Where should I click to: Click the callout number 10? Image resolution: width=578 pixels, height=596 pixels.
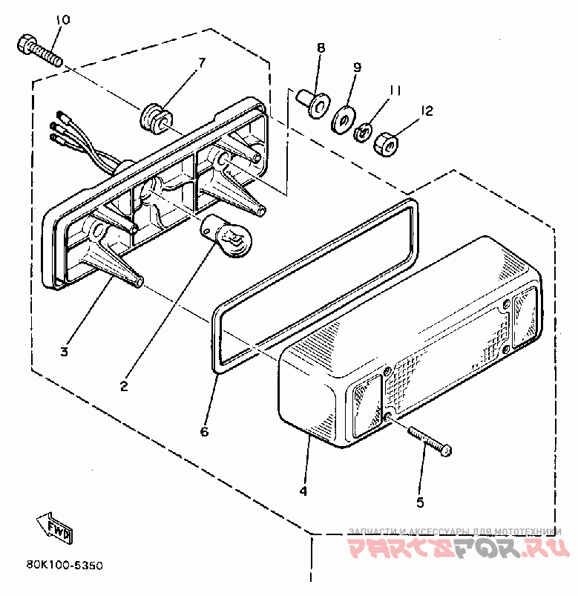[62, 20]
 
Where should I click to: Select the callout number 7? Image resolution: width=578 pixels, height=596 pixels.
[201, 62]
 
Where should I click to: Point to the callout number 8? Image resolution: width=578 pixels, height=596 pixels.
[321, 48]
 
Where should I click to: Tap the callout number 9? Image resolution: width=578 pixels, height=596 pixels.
[356, 68]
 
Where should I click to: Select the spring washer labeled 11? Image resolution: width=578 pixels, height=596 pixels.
[363, 131]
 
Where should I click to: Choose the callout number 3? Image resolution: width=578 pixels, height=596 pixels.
[65, 351]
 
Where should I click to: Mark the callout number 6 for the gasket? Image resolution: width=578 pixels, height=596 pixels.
[205, 430]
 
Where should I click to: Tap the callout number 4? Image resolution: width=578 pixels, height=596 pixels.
[303, 491]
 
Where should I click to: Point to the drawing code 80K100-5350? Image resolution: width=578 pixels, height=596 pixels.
[64, 566]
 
